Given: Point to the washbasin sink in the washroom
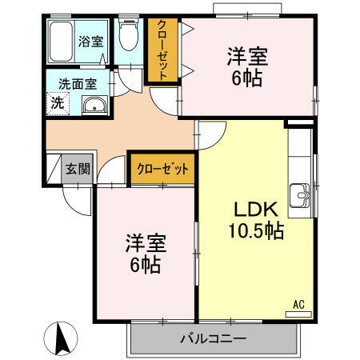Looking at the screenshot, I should click(94, 105).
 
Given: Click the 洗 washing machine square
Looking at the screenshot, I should click(58, 103).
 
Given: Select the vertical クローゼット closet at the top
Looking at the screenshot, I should click(162, 50).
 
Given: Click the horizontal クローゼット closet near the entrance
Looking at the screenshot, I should click(162, 169).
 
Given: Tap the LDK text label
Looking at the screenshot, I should click(255, 210).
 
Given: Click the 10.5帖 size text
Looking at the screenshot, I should click(255, 232).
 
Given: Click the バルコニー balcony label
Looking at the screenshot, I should click(213, 339).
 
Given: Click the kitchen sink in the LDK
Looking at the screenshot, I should click(302, 194).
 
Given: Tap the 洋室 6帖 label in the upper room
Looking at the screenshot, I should click(246, 67).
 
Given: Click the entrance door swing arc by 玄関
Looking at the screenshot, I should click(78, 200).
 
